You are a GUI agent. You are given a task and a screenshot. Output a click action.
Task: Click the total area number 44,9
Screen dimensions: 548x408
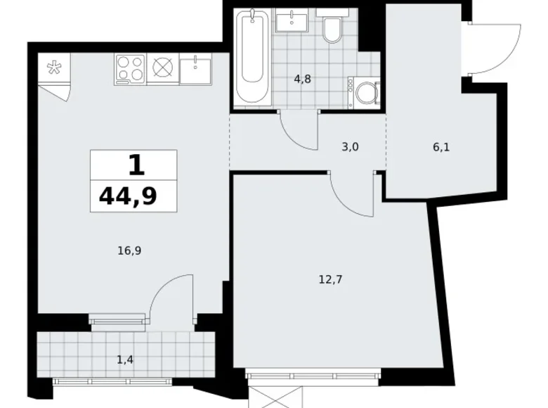point(128,197)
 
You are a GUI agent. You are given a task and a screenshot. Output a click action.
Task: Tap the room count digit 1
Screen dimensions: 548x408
point(136,165)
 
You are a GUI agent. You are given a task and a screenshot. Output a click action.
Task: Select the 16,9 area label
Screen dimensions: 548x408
point(129,251)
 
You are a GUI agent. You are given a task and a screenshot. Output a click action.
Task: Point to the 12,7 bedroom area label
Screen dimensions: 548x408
point(330,279)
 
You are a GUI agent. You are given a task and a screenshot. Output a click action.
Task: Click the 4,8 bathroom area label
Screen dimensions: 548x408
point(302,79)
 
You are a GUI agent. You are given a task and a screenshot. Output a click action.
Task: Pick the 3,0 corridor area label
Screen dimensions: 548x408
point(350,147)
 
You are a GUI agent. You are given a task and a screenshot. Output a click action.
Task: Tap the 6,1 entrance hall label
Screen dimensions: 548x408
point(441,147)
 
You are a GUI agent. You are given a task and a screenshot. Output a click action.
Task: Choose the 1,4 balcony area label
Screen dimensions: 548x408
point(125,359)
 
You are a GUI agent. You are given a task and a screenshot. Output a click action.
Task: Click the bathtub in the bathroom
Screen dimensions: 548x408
point(252,56)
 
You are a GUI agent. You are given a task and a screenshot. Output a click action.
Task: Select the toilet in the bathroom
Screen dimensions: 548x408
point(332,25)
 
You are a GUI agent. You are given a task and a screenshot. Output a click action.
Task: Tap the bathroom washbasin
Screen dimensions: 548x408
point(292,20)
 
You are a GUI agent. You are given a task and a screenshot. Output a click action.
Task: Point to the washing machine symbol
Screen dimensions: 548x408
point(364,93)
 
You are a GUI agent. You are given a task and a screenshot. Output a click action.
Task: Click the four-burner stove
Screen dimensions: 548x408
point(130,69)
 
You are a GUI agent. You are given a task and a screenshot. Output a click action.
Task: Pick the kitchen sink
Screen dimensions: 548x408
point(195,69)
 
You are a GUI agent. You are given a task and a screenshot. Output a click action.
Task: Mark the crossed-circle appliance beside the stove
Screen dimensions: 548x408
point(163,68)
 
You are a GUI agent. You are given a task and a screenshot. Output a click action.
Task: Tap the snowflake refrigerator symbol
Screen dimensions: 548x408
point(54,68)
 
